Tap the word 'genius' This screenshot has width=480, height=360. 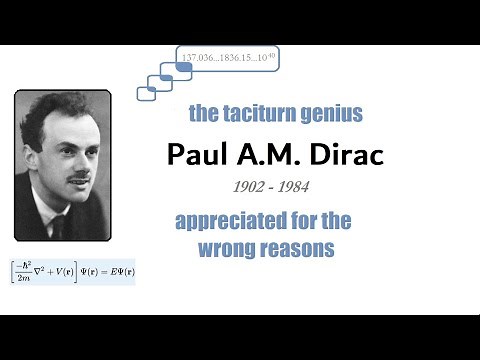(335, 114)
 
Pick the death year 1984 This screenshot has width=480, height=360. (290, 187)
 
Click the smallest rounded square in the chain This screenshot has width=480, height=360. (146, 92)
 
